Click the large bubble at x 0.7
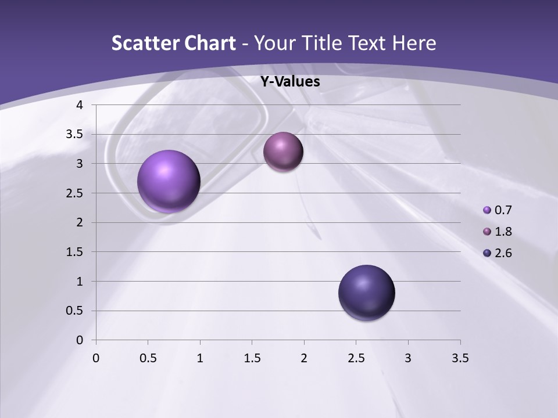[x=169, y=181]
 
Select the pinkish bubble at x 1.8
[x=283, y=152]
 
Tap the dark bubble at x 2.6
[x=366, y=293]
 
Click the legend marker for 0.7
[x=487, y=210]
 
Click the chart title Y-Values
[x=289, y=82]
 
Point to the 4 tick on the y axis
[x=80, y=105]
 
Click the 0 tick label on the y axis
[x=80, y=340]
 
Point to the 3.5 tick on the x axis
[x=460, y=358]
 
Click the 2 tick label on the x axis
[x=304, y=358]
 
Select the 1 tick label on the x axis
[x=200, y=358]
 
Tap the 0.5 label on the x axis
[x=148, y=358]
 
